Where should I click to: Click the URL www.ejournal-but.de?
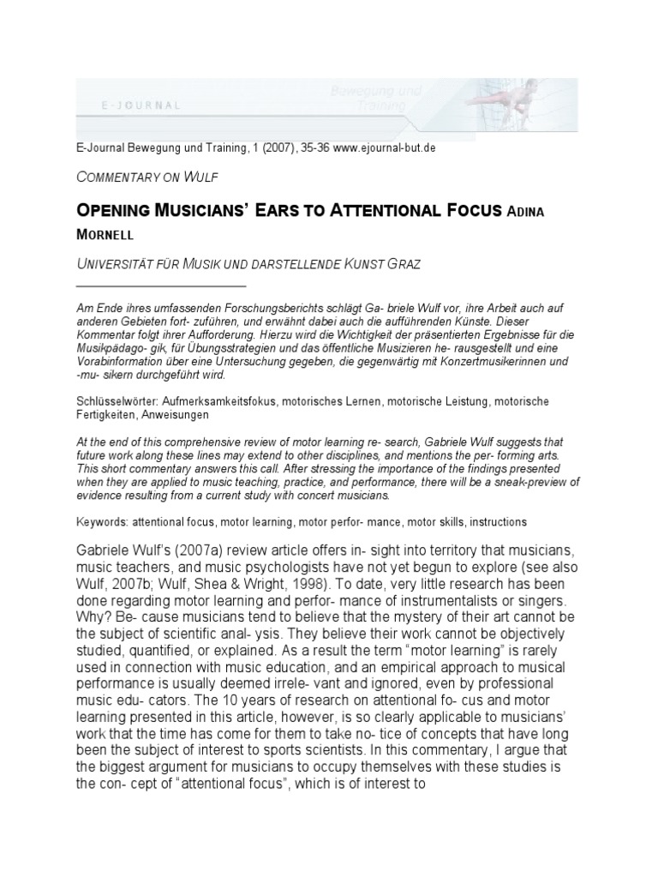point(384,148)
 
